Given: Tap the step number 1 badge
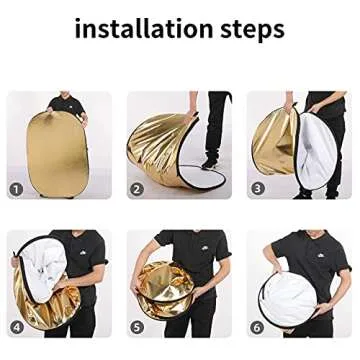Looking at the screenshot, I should coord(16,188).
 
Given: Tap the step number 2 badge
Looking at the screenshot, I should coord(137,188).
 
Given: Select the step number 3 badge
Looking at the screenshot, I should coord(258,188).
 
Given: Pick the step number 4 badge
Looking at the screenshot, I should coord(16,326).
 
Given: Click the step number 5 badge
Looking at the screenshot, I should coord(137,326).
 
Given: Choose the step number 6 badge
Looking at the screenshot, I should coord(258,326).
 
